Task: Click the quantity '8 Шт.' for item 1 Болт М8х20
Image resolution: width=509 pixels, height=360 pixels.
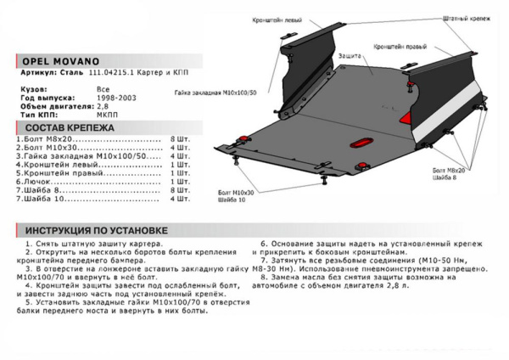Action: point(180,138)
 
